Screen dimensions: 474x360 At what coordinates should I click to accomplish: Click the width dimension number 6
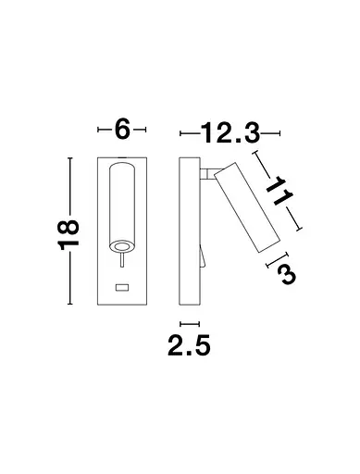click(x=121, y=130)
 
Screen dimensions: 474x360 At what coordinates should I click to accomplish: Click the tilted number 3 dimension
click(x=285, y=274)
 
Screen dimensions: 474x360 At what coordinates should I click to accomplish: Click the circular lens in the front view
click(x=120, y=245)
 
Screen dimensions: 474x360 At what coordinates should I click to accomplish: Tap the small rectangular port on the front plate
click(x=120, y=289)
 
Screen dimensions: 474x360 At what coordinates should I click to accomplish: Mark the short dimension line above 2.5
click(x=190, y=323)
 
